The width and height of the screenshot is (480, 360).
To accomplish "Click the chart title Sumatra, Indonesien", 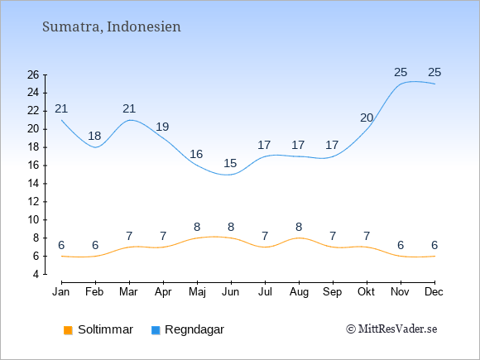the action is click(112, 27).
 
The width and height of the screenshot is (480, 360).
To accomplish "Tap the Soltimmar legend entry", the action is click(98, 329).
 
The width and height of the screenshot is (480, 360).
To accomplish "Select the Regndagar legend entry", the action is click(188, 329).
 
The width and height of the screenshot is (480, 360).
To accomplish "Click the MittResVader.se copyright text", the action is click(391, 329).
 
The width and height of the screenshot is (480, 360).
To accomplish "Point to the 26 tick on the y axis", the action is click(33, 74).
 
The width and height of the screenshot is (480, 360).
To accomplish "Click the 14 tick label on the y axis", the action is click(33, 184).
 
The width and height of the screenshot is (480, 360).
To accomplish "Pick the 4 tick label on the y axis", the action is click(36, 274).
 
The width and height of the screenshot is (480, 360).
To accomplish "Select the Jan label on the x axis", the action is click(61, 292).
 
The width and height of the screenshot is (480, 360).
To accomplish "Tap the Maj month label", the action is click(197, 292).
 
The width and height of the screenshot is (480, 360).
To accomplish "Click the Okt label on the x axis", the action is click(367, 292).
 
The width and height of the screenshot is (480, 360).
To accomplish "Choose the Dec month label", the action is click(434, 292).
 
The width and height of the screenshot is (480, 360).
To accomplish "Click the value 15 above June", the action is click(230, 163).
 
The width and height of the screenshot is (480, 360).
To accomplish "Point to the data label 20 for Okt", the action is click(367, 118).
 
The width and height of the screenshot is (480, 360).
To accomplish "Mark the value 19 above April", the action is click(162, 127).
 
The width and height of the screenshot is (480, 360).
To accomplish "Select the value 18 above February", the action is click(94, 136).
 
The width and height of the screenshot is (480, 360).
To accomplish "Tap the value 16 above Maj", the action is click(196, 154).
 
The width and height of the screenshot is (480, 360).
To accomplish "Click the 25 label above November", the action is click(401, 73).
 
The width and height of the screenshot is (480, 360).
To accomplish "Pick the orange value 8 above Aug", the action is click(299, 227).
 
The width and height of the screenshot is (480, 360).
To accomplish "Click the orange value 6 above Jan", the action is click(61, 245).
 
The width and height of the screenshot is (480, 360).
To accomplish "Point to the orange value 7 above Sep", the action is click(333, 236).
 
